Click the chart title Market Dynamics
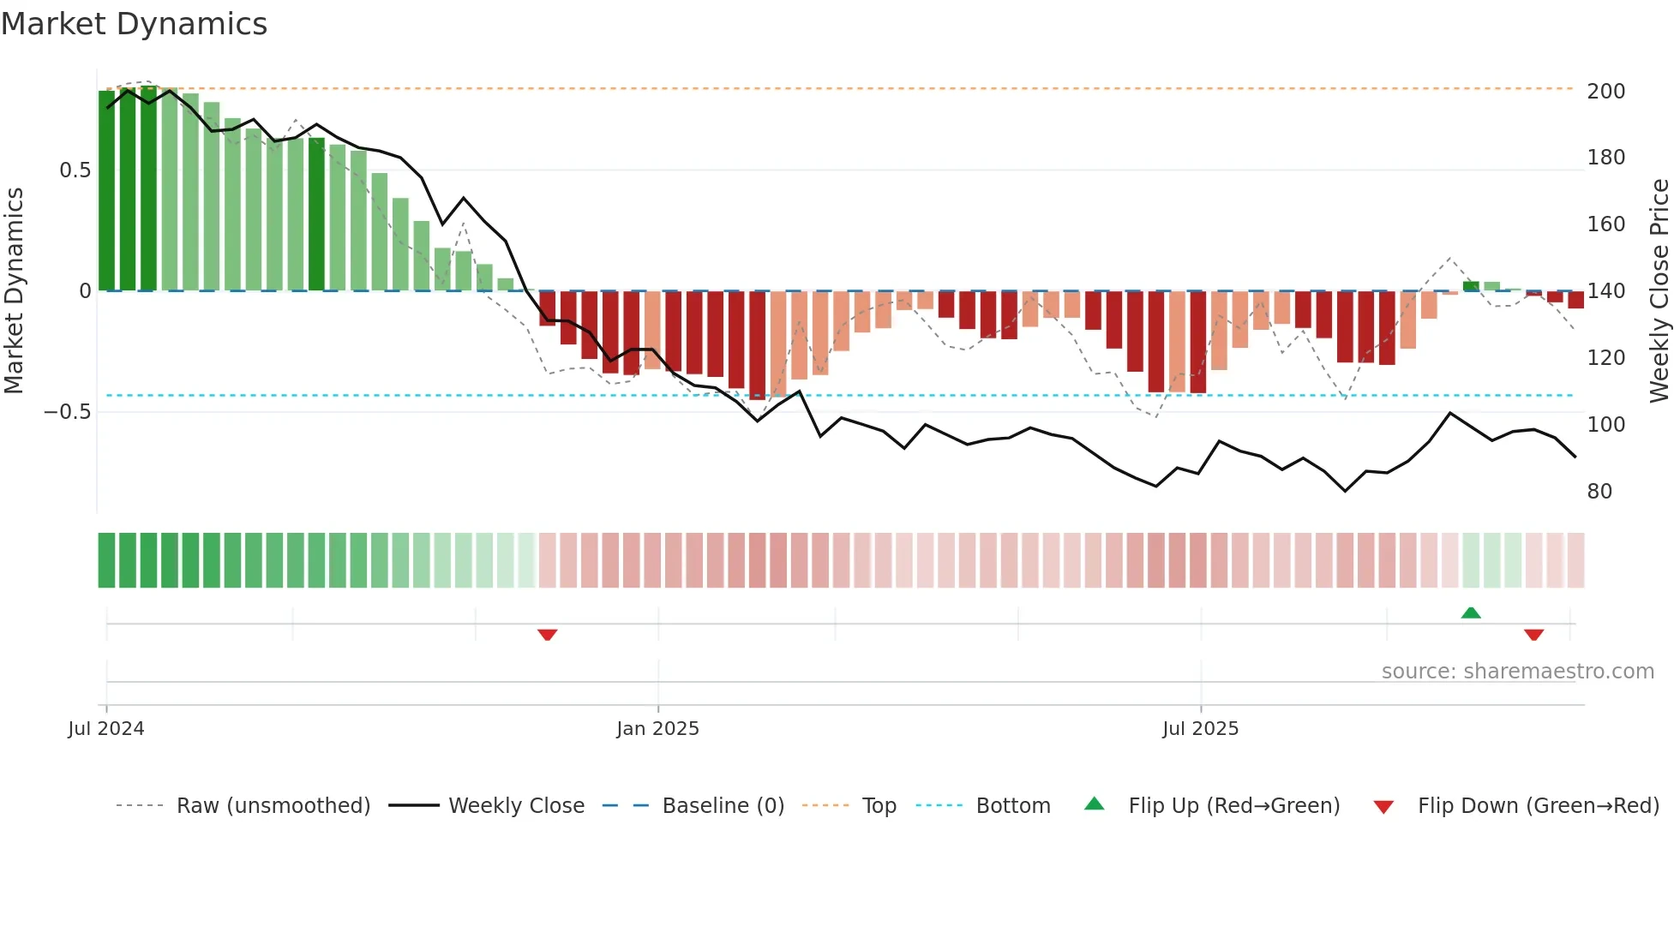coord(135,24)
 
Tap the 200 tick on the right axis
coord(1605,91)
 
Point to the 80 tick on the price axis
coord(1599,492)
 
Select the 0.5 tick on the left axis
coord(75,170)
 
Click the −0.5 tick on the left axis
coord(68,412)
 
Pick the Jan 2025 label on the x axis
coord(657,729)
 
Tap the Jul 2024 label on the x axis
coord(106,729)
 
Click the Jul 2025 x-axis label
coord(1200,729)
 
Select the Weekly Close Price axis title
coord(1659,290)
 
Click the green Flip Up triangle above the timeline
coord(1471,612)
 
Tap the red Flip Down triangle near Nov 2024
coord(548,635)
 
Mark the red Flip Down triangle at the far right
coord(1534,635)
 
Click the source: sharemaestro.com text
coord(1517,672)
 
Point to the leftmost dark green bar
coord(106,190)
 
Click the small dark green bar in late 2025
coord(1471,286)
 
